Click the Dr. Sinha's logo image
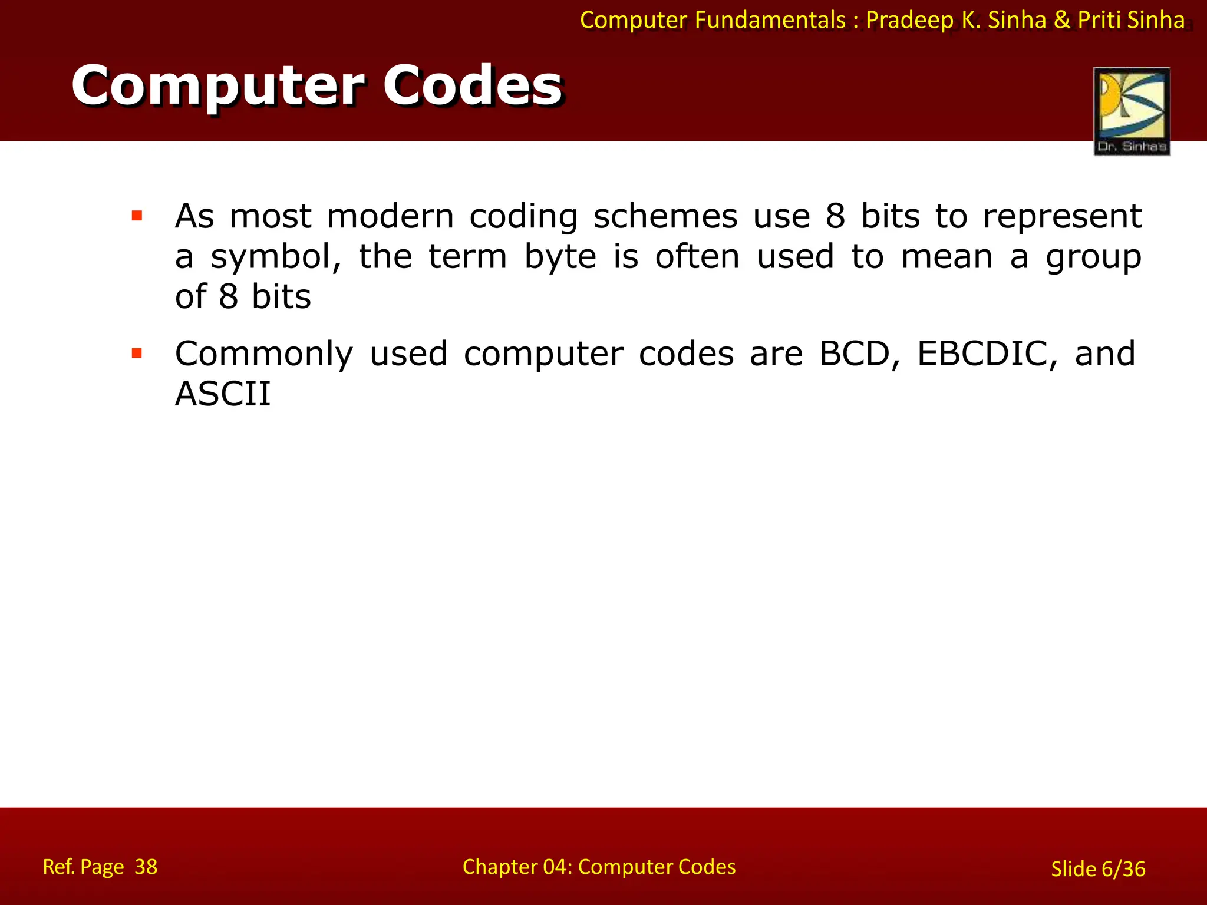tap(1132, 111)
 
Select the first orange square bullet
tap(137, 216)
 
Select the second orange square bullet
tap(137, 354)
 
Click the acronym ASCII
tap(223, 394)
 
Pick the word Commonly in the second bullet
tap(264, 354)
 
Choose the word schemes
tap(665, 216)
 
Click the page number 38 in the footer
tap(146, 867)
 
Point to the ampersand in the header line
tap(1062, 20)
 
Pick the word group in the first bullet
tap(1093, 257)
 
